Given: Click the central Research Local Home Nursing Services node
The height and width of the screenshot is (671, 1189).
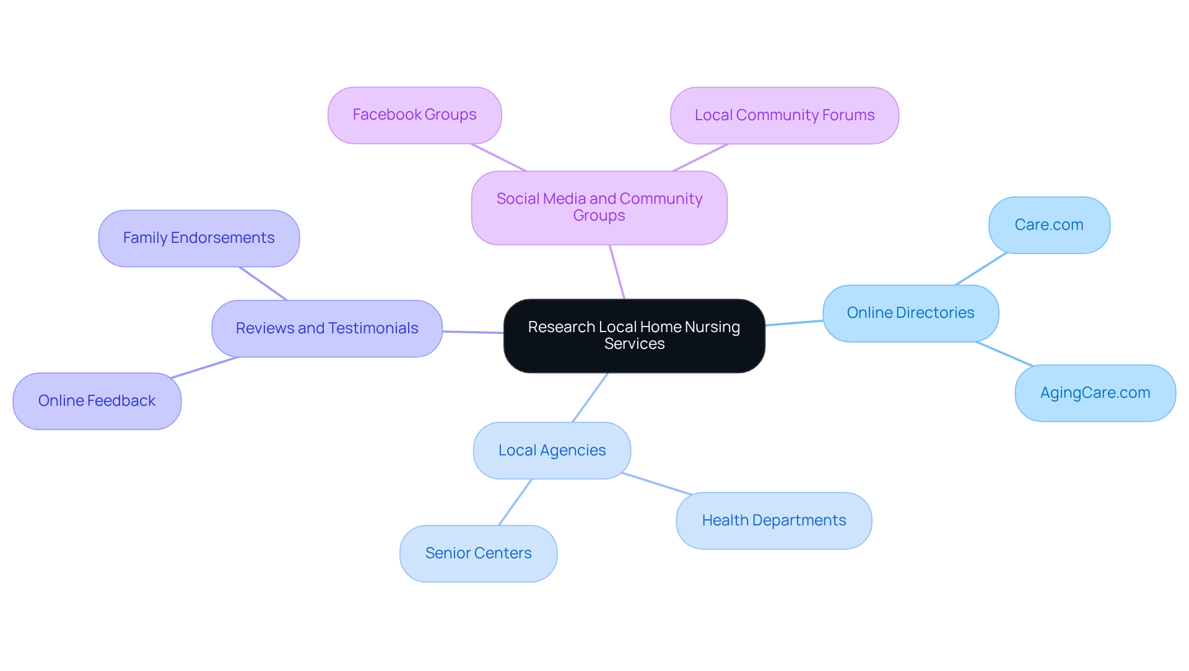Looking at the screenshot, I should point(634,336).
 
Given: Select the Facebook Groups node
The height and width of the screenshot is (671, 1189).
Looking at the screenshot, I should point(414,115).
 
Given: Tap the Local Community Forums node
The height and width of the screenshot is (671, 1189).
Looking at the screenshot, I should point(784,115).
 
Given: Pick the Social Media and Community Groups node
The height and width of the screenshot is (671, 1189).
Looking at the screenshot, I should point(599,208).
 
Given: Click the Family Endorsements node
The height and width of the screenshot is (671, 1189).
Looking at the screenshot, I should point(199,238).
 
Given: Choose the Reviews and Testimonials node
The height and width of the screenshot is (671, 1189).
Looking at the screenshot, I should point(327,328).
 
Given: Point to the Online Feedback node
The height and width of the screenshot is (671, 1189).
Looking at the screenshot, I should point(97,401).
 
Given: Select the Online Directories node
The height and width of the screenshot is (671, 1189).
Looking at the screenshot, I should point(910,313).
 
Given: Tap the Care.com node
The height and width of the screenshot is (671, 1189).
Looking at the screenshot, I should point(1049,225).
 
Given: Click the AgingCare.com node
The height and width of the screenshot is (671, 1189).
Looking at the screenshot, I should point(1095,393).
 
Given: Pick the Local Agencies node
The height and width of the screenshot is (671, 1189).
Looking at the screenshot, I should point(552,450).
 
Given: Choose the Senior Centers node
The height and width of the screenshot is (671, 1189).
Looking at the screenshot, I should point(478,553).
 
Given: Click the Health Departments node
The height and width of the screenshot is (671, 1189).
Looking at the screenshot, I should point(773,520).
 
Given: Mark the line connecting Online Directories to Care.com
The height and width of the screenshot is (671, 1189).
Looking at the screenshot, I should point(981,269).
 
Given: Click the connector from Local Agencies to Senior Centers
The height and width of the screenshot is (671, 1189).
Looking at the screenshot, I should point(515,502).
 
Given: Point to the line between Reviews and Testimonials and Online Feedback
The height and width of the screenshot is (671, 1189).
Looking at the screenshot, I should point(204,367).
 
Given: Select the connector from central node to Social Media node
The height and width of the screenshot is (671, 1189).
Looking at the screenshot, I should point(617,272).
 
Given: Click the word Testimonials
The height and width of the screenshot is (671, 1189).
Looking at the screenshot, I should point(381,328).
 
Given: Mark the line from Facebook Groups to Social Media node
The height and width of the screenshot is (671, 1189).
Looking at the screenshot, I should point(499,157).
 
